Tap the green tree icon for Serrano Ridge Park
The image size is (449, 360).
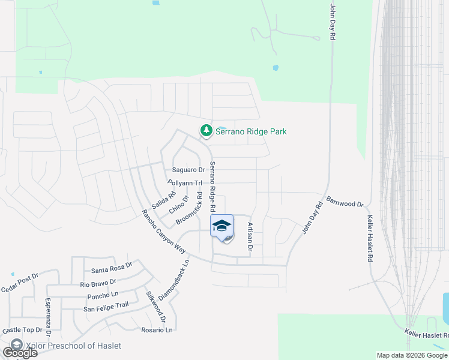click(x=206, y=130)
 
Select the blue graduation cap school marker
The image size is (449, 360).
click(x=221, y=226)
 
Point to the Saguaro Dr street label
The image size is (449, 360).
click(x=189, y=170)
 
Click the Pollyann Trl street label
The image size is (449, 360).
click(x=187, y=182)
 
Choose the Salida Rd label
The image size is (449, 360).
click(x=163, y=198)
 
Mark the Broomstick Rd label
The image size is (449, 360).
click(x=189, y=209)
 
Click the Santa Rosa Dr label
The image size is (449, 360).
click(x=112, y=263)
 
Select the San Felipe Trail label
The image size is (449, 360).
click(x=106, y=308)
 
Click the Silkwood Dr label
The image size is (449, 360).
click(x=155, y=307)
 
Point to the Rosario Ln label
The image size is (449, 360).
click(x=157, y=330)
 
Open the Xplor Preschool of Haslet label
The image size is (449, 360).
click(x=72, y=346)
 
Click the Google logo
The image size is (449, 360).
click(x=19, y=353)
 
